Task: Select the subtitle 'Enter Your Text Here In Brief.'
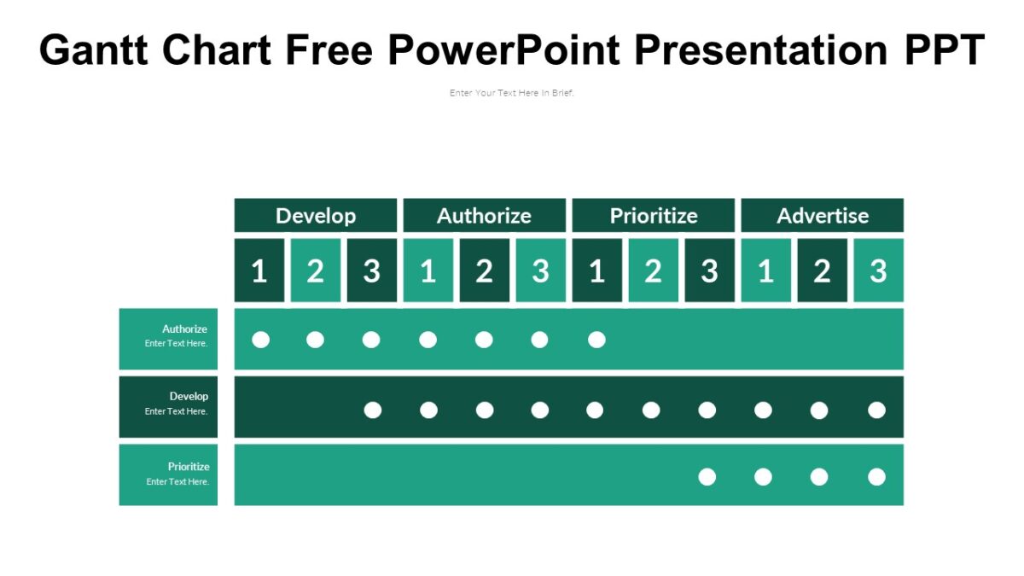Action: click(512, 93)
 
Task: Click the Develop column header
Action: click(316, 216)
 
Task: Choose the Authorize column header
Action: click(484, 216)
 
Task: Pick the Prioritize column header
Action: click(653, 216)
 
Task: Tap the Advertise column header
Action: click(822, 216)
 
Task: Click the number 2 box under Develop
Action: click(315, 271)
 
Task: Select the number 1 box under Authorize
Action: click(428, 271)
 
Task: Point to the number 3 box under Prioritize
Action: click(709, 271)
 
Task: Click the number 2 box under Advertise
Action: click(822, 271)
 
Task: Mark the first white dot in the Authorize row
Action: click(261, 340)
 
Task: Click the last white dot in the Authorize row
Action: click(596, 340)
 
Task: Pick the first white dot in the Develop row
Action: click(373, 410)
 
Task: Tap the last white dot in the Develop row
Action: click(876, 410)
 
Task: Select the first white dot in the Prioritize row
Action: click(707, 477)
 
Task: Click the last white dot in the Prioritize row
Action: click(876, 477)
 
